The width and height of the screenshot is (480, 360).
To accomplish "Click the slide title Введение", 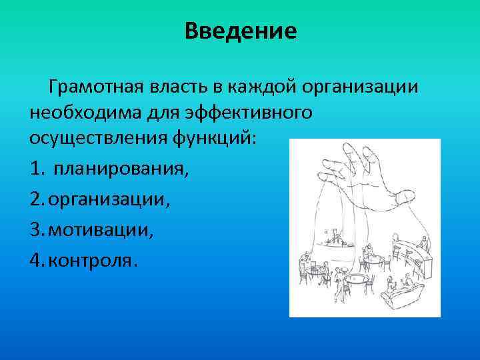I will (x=241, y=31).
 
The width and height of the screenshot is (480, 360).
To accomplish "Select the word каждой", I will (x=262, y=87).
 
